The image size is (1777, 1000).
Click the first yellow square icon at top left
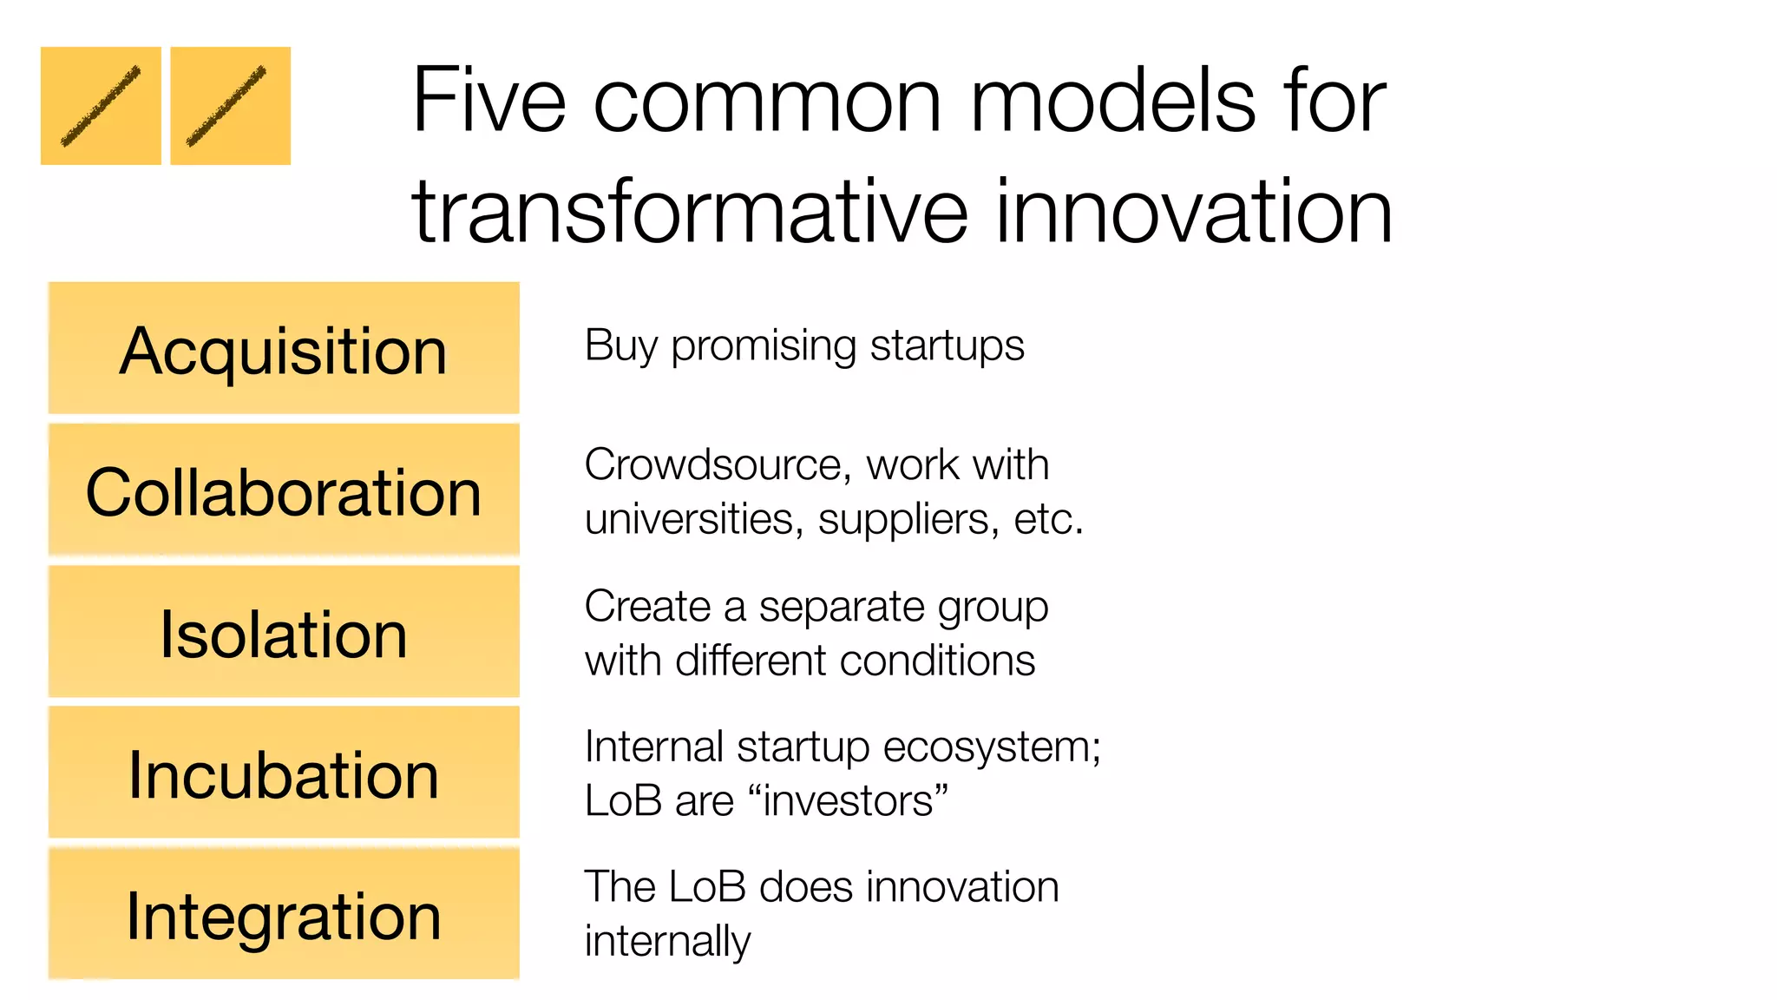[x=101, y=106]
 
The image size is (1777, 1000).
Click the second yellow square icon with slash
[x=230, y=106]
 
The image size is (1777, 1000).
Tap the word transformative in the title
[x=690, y=212]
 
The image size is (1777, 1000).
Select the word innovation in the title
[x=1193, y=212]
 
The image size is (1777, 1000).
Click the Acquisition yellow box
[x=284, y=348]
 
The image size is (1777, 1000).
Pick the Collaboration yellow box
[x=284, y=490]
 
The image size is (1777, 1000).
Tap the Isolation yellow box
[x=284, y=632]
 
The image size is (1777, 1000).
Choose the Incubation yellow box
[x=284, y=773]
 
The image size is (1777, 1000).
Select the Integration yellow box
[x=284, y=914]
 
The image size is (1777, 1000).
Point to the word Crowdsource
[x=711, y=465]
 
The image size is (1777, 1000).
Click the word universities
[x=690, y=519]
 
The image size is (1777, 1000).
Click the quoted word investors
[x=854, y=801]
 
